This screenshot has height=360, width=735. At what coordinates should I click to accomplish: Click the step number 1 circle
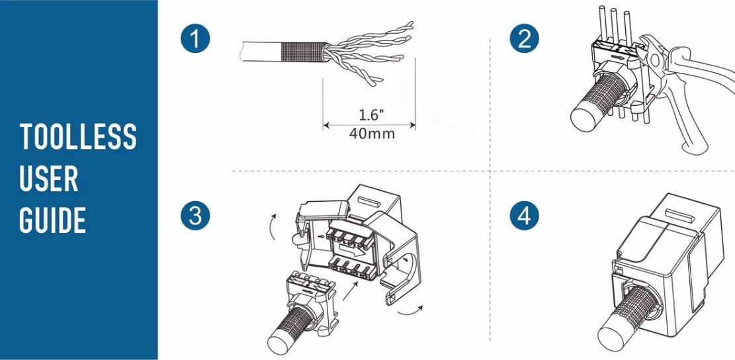(194, 39)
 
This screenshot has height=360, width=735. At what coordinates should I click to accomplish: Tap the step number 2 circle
(525, 39)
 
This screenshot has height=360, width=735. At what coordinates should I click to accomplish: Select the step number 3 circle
(194, 216)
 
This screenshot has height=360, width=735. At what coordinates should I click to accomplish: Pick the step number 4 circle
(525, 216)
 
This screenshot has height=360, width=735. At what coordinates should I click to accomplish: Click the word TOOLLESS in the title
(78, 137)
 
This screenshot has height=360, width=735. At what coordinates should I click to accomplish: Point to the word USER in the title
(49, 179)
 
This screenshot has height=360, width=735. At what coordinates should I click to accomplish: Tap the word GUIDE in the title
(53, 220)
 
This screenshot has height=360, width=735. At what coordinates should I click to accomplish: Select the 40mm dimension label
(370, 134)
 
